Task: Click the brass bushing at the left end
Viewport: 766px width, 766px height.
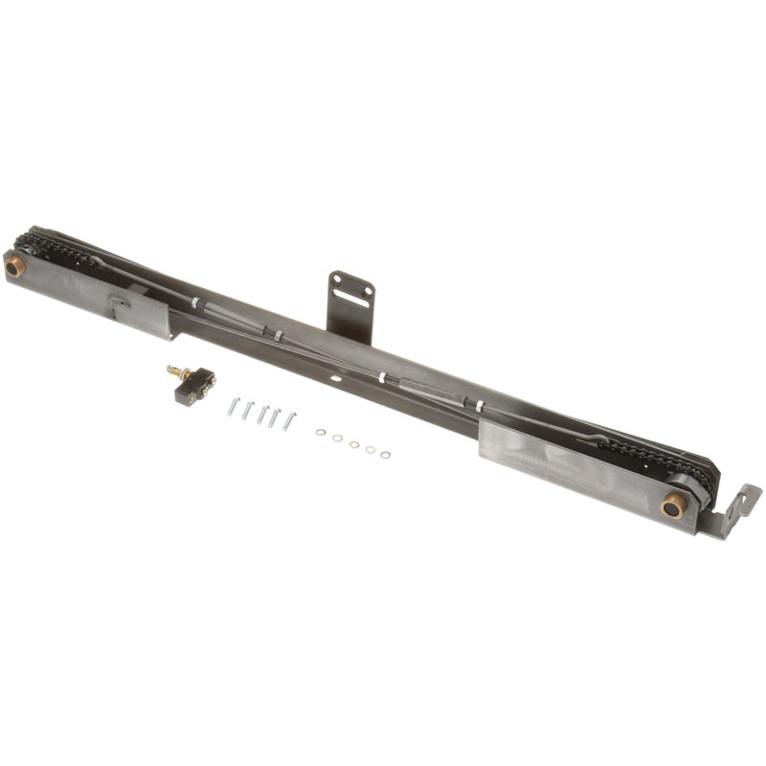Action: pos(14,268)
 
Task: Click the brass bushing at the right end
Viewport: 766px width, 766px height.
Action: pos(673,507)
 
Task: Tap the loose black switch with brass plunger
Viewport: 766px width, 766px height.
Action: pos(195,387)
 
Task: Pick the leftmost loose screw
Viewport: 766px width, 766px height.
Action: pos(233,407)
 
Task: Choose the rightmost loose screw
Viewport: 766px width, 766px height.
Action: pos(288,420)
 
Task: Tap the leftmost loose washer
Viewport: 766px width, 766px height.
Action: pos(322,433)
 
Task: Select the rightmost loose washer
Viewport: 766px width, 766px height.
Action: pos(385,454)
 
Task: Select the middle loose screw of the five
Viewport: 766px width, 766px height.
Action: pos(260,414)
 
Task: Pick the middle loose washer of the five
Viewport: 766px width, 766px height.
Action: pos(353,443)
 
